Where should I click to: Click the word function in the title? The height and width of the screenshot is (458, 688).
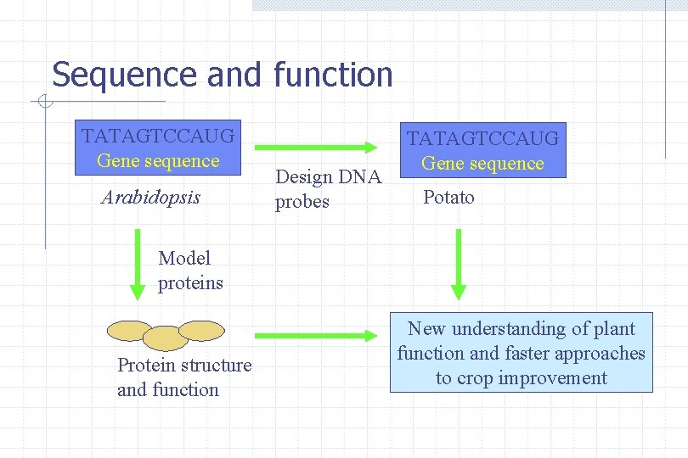[333, 75]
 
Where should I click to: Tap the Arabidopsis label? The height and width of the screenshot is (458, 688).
[151, 198]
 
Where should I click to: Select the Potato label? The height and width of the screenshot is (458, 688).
[448, 198]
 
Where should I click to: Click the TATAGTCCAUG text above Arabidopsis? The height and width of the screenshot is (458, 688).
[158, 136]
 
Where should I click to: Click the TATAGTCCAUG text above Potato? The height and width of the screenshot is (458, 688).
[482, 137]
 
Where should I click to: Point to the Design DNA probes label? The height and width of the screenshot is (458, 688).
[329, 189]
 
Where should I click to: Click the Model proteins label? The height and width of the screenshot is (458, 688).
[190, 271]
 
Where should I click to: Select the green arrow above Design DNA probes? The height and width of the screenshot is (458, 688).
[316, 148]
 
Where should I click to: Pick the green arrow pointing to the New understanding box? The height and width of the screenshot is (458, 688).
[316, 335]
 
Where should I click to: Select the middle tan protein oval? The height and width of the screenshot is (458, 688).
[165, 338]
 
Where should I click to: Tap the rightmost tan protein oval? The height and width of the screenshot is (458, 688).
[201, 330]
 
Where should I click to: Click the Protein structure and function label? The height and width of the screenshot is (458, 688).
[184, 377]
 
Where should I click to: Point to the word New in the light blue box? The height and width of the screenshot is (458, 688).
[427, 329]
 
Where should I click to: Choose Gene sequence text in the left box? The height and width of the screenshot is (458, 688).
[158, 161]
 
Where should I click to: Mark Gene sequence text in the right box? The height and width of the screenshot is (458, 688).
[482, 164]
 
